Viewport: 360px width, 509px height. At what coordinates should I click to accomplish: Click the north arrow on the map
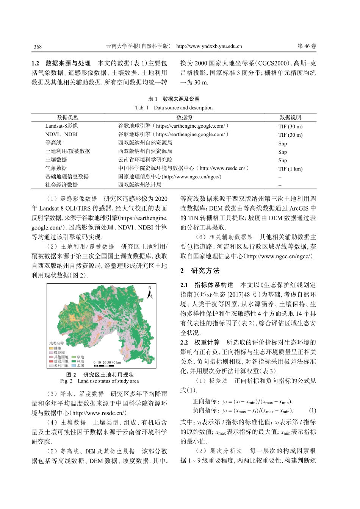tap(150, 292)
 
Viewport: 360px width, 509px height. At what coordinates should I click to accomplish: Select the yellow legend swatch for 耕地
tap(51, 348)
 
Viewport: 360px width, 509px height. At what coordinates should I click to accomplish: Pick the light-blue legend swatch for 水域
tap(74, 366)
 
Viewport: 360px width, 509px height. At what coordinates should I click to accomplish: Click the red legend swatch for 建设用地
tap(51, 361)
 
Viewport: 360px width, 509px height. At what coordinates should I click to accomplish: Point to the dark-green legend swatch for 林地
tap(74, 361)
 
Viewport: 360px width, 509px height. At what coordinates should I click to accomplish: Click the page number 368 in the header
tap(38, 47)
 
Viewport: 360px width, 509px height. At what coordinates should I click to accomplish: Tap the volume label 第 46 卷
tap(307, 46)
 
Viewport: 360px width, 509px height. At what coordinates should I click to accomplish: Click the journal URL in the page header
tap(209, 46)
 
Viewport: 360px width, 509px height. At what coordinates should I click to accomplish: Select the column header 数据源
tap(184, 117)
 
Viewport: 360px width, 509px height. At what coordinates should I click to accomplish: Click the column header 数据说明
tap(290, 117)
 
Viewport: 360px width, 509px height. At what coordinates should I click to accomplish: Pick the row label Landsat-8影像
tap(61, 126)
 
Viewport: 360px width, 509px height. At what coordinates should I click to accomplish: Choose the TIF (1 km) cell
tap(290, 169)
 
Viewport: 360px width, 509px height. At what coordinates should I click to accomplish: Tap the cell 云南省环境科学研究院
tap(145, 160)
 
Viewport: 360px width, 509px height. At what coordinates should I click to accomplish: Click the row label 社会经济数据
tap(61, 185)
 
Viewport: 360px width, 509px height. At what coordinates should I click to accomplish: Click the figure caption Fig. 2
tap(99, 381)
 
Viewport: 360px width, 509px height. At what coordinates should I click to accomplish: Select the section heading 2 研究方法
tap(200, 271)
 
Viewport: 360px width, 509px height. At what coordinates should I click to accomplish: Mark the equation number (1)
tap(312, 411)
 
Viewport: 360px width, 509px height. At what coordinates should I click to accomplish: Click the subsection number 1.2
tap(35, 63)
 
